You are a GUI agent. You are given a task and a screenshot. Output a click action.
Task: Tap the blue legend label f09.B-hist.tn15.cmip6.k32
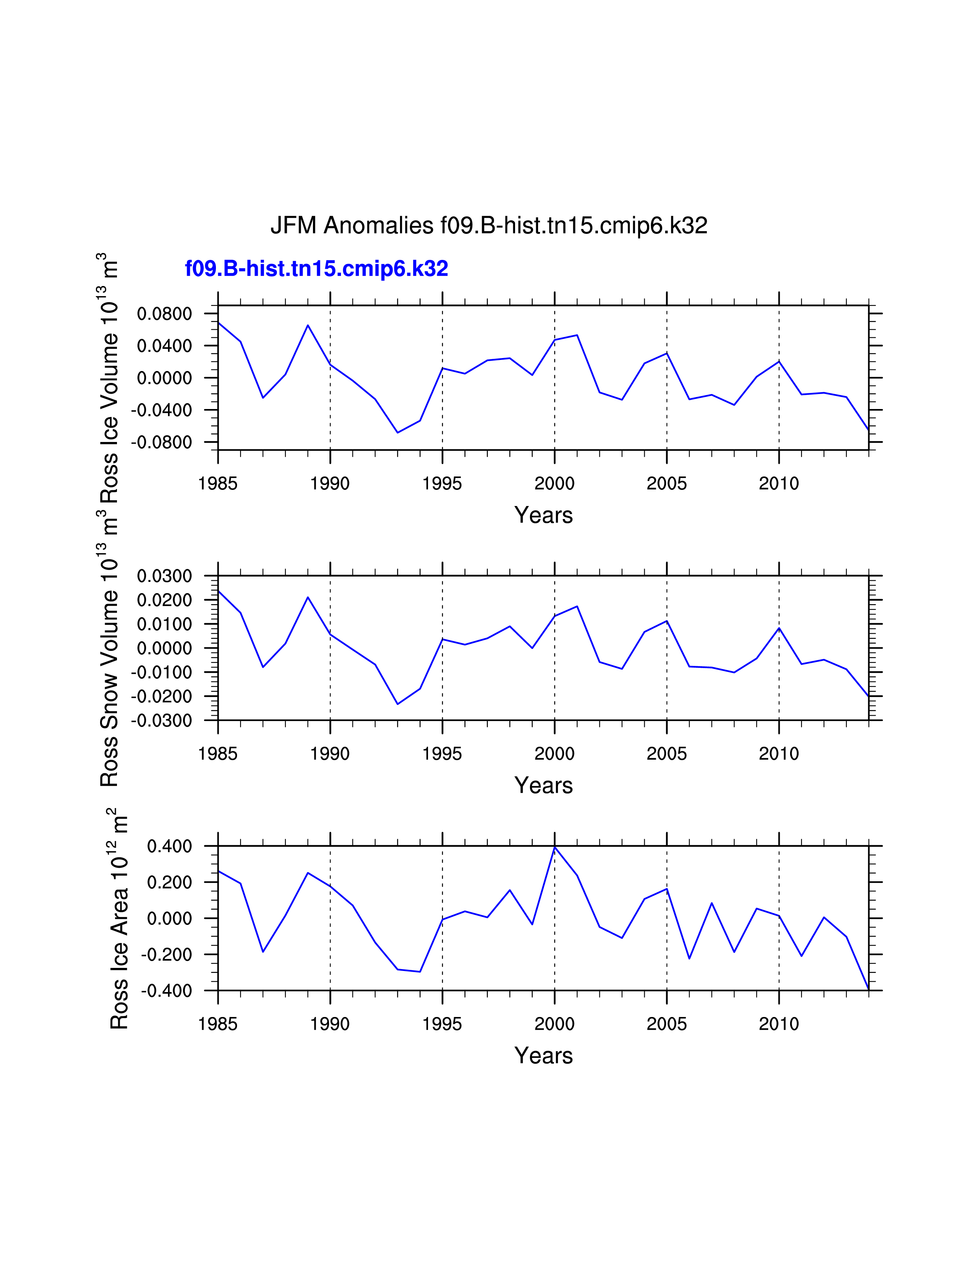316,269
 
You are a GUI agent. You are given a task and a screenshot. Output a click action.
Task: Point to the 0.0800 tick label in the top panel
164,314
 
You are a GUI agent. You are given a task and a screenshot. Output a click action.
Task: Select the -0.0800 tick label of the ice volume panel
161,442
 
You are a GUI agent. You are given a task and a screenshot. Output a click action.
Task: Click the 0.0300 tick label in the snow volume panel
164,576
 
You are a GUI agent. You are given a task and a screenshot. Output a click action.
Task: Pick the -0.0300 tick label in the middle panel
161,721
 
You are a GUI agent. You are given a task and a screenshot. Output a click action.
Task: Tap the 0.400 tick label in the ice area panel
169,846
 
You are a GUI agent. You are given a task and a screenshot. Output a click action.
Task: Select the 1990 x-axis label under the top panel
330,483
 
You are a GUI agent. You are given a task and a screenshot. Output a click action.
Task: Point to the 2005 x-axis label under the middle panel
666,754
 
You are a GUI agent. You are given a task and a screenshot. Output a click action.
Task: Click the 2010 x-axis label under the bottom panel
779,1024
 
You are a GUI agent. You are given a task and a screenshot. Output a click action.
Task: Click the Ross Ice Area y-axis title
119,920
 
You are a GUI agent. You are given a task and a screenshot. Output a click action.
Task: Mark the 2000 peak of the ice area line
555,848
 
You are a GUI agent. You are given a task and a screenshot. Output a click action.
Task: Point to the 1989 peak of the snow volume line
308,597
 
